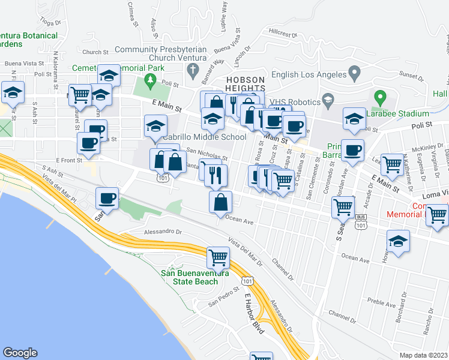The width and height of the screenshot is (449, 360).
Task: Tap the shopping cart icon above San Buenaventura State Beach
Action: coord(218,257)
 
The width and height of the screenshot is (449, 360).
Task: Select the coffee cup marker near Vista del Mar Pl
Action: coord(108,197)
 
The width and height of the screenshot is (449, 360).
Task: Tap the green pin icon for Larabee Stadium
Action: coord(379,96)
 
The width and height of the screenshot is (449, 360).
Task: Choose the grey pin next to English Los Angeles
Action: coord(354,74)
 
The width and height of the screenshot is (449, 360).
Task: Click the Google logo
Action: coord(20,353)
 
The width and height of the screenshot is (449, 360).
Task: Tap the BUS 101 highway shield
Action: coord(360,222)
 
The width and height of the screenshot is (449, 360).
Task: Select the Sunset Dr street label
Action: coord(411,76)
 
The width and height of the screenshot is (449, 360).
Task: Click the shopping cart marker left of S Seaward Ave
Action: coord(343,207)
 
